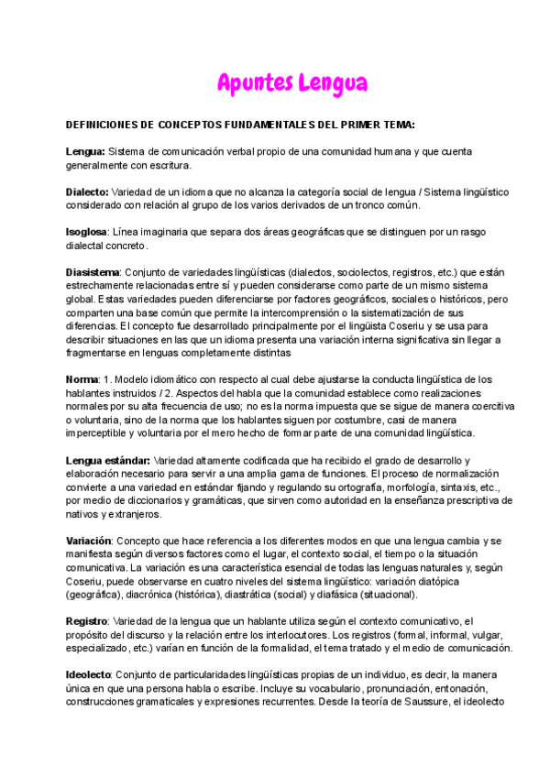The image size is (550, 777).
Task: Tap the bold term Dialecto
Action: coord(86,192)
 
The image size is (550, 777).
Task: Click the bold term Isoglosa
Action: coord(86,232)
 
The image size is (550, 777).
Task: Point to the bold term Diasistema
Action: coord(93,272)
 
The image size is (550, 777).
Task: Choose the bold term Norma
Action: coord(82,379)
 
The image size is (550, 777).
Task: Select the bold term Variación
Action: coord(89,541)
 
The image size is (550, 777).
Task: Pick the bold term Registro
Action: coord(87,620)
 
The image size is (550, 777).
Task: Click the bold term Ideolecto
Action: coord(88,673)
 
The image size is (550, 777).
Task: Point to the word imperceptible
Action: coord(99,432)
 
